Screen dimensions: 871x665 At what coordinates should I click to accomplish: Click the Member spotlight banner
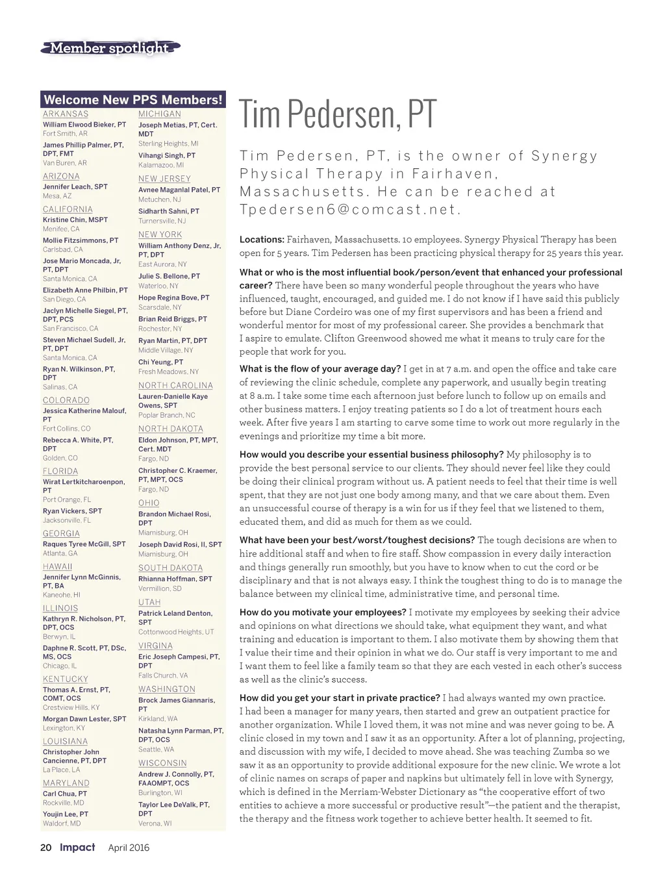(x=110, y=48)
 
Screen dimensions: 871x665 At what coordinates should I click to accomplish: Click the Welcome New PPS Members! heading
(x=133, y=99)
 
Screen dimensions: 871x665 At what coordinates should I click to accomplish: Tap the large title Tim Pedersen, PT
(x=338, y=114)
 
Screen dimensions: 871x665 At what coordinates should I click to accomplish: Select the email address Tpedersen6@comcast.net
(x=350, y=210)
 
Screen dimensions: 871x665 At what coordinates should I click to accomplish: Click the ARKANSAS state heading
(x=66, y=114)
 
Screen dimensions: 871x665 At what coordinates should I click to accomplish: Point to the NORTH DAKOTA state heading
(x=171, y=429)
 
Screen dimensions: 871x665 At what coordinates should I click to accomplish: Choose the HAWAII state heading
(x=58, y=566)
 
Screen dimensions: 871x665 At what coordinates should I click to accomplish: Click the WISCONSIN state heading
(x=162, y=763)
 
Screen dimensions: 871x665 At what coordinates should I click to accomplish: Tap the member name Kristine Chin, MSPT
(x=75, y=220)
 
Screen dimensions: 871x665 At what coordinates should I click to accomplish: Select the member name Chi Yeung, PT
(x=160, y=362)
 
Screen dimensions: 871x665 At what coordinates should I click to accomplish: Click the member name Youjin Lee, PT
(x=66, y=814)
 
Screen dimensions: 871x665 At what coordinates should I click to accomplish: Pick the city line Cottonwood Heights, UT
(x=176, y=631)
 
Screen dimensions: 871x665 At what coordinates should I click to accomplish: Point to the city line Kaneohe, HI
(x=62, y=594)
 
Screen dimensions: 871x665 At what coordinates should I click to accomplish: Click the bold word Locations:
(x=262, y=240)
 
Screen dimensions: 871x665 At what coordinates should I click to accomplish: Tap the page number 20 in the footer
(x=46, y=848)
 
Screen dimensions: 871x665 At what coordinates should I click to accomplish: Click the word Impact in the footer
(x=77, y=847)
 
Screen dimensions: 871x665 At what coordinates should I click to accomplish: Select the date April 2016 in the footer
(x=129, y=848)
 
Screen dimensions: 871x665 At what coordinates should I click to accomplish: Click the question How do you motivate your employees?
(x=323, y=612)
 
